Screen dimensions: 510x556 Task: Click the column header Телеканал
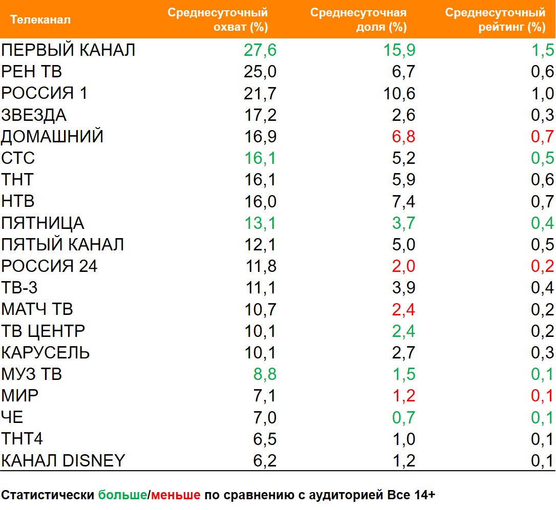(x=40, y=20)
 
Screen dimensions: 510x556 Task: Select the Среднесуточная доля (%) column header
(x=358, y=19)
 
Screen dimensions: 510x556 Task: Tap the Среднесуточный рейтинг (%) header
(x=495, y=19)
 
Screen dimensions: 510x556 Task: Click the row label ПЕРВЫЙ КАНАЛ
(x=68, y=50)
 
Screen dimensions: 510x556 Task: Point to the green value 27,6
(x=260, y=50)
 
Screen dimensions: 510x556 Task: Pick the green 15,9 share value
(x=399, y=50)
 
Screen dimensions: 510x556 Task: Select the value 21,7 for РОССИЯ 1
(x=260, y=94)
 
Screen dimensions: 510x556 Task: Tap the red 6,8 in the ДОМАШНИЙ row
(x=403, y=137)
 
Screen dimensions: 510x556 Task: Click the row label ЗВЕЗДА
(x=34, y=115)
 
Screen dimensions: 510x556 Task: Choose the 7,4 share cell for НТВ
(x=403, y=202)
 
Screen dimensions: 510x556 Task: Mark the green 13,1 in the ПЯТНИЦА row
(x=260, y=223)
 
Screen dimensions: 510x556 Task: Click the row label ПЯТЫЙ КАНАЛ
(x=62, y=245)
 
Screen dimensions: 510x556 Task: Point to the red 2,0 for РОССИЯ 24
(x=403, y=266)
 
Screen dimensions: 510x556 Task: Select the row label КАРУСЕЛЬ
(x=46, y=353)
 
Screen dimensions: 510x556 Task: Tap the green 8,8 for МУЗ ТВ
(x=264, y=374)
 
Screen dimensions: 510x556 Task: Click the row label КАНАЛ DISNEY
(x=63, y=460)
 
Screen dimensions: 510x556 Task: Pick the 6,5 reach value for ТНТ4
(x=264, y=439)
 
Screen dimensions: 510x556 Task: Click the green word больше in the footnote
(x=122, y=495)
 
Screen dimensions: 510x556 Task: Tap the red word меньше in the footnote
(x=175, y=495)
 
